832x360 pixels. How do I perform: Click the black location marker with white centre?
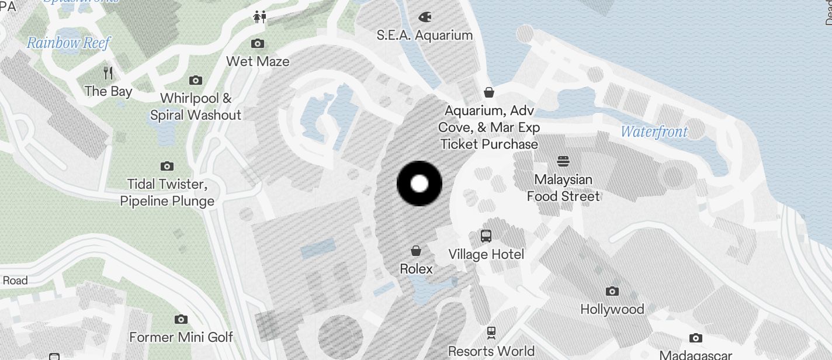(420, 184)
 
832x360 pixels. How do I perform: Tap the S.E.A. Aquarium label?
(424, 35)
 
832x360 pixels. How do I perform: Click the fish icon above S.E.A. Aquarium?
(425, 16)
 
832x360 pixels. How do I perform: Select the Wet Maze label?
(258, 61)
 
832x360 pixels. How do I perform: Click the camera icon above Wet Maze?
(257, 43)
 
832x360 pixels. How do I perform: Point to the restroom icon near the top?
(260, 17)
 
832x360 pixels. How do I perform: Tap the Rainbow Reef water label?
(68, 43)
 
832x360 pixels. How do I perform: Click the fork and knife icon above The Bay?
(108, 72)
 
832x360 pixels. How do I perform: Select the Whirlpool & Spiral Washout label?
(196, 106)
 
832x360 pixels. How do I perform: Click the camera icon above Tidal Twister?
(167, 167)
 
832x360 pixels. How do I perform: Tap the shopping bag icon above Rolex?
(416, 251)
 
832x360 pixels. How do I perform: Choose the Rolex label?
(416, 269)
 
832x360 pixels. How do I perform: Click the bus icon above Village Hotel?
(486, 236)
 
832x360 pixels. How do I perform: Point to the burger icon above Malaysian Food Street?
(563, 161)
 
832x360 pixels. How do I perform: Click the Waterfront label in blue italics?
(654, 132)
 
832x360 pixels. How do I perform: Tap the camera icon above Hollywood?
(612, 291)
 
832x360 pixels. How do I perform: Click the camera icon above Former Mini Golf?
(181, 319)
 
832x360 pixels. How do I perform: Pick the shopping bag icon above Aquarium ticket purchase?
(489, 92)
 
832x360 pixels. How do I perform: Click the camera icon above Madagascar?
(695, 338)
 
